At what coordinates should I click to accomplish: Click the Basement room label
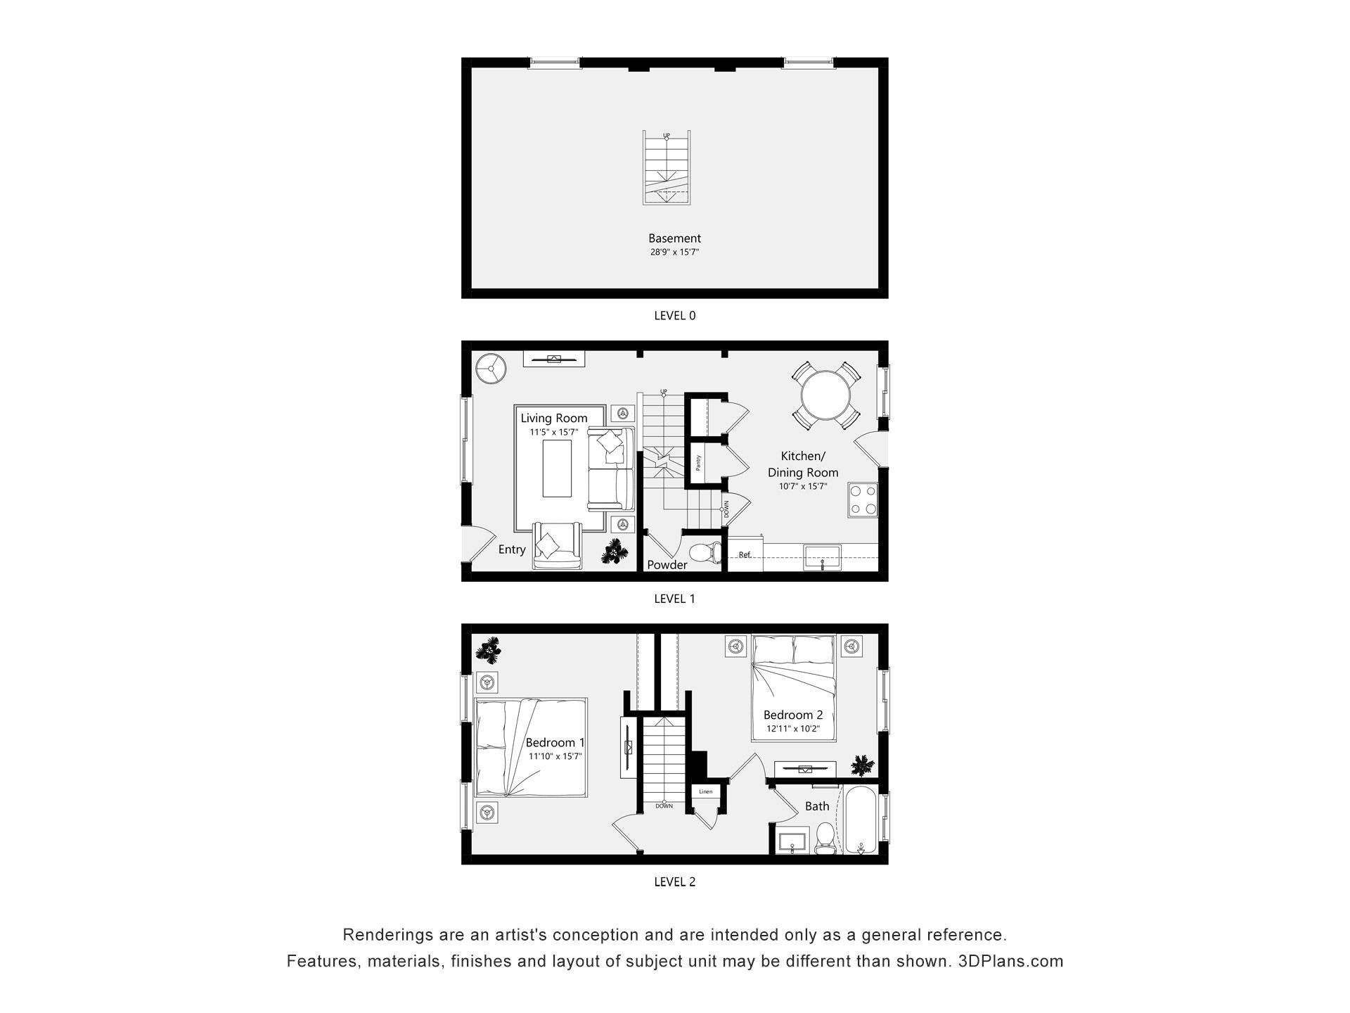(674, 238)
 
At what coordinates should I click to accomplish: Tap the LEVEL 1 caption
(674, 599)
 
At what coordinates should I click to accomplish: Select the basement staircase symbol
(667, 168)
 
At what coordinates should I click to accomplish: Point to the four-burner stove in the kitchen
(863, 500)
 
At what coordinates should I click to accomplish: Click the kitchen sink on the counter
(822, 556)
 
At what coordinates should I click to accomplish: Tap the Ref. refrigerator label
(745, 555)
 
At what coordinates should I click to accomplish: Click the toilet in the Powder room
(705, 554)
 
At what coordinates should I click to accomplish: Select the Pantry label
(697, 463)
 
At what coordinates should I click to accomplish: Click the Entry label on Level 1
(512, 549)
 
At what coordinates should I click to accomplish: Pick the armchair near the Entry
(557, 545)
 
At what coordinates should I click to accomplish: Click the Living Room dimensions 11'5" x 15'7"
(554, 433)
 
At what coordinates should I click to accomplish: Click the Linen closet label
(705, 791)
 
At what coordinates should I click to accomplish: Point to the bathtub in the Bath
(860, 820)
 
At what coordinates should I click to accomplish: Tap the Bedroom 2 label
(792, 715)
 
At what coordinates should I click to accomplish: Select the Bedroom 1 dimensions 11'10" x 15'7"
(555, 757)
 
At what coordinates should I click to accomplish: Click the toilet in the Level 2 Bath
(824, 839)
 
